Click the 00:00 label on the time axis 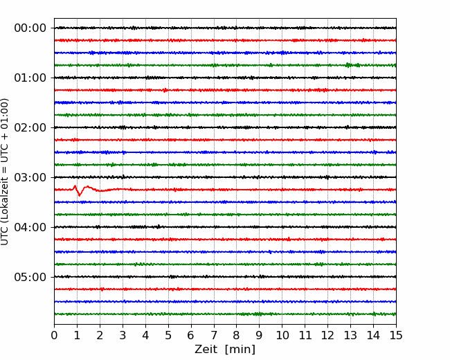[30, 28]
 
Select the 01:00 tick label [30, 78]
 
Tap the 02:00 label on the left [30, 128]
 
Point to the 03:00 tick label [30, 177]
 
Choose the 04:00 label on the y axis [30, 227]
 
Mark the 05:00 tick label [30, 277]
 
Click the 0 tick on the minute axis [54, 335]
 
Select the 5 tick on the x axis [168, 335]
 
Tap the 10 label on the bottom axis [282, 335]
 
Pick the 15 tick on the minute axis [396, 335]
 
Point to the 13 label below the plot [350, 335]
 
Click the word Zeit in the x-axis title [207, 350]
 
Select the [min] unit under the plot [240, 350]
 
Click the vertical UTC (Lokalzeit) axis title [5, 172]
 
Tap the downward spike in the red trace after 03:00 [80, 195]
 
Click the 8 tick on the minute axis [237, 335]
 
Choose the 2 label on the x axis [100, 335]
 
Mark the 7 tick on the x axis [214, 335]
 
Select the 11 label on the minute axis [305, 335]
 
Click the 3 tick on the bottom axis [123, 335]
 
